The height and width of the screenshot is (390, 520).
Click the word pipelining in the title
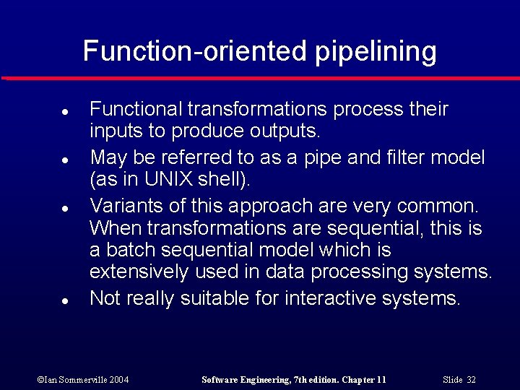click(x=376, y=52)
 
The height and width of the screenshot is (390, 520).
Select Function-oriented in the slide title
click(x=196, y=52)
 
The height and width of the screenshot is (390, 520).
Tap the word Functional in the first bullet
click(x=136, y=109)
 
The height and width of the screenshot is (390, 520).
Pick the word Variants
click(x=123, y=206)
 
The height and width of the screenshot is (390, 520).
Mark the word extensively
click(x=139, y=272)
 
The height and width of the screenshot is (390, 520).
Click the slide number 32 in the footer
click(x=470, y=380)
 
